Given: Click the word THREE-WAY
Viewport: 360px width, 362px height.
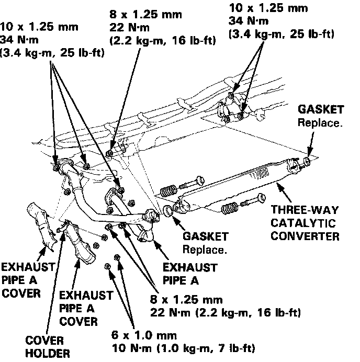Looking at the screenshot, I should coord(305,211).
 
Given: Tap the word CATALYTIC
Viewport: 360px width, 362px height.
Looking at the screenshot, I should coord(305,223).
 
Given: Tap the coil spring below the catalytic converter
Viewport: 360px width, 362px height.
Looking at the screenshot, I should coord(229,208).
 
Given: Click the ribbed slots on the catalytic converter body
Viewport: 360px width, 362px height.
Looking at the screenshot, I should coord(260,173).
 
